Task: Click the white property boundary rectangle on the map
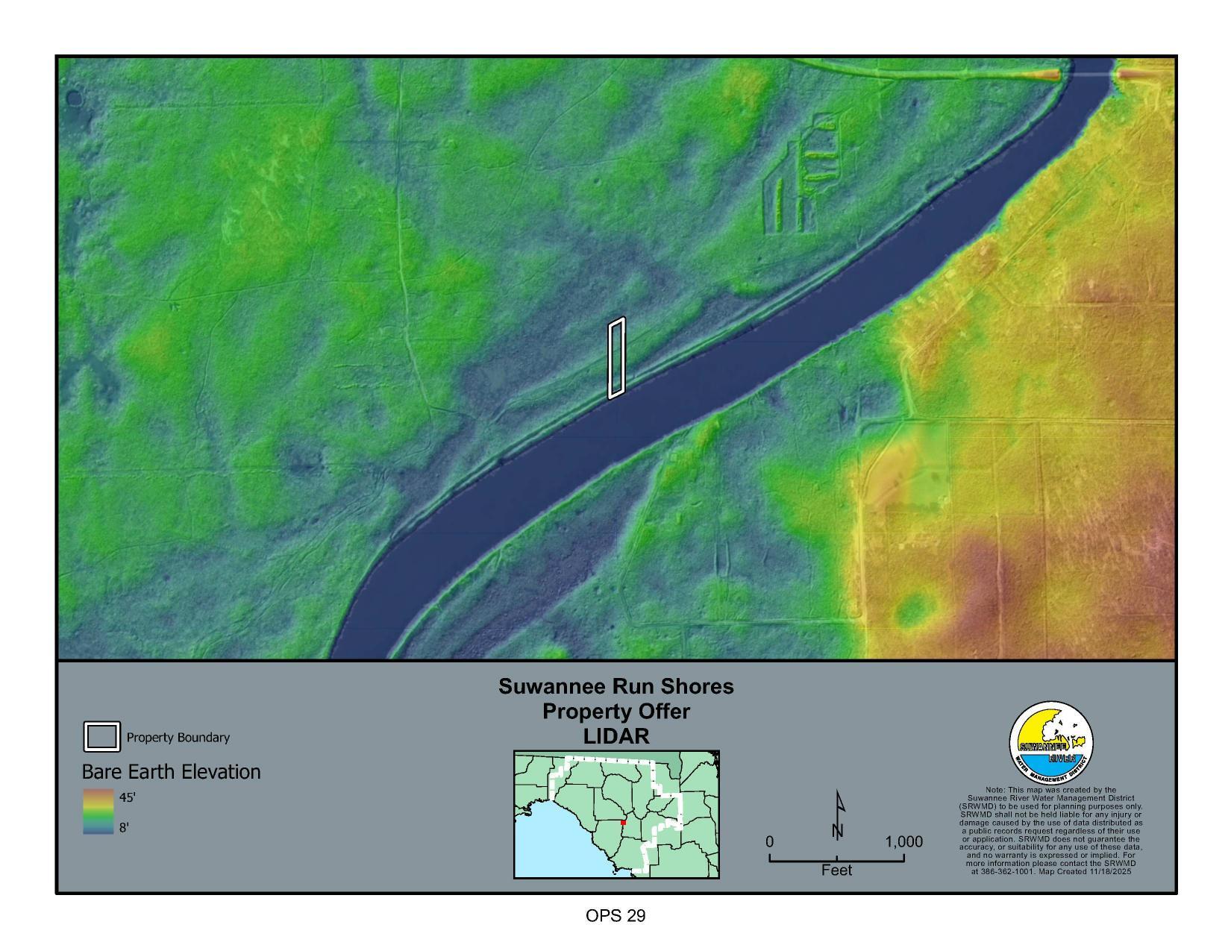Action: coord(616,358)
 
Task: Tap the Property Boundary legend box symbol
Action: coord(101,737)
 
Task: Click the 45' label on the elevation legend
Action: coord(127,797)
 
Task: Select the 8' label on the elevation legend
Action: coord(125,827)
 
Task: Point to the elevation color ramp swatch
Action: coord(98,812)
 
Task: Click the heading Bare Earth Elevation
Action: coord(171,772)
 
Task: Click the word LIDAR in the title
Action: coord(616,736)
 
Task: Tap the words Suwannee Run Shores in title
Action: coord(616,686)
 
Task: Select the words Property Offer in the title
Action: coord(616,712)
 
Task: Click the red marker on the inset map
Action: coord(623,823)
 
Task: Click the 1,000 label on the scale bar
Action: coord(903,842)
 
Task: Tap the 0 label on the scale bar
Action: coord(769,842)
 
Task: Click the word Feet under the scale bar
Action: coord(836,870)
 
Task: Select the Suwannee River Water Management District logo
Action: coord(1051,743)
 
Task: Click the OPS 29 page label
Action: coord(615,916)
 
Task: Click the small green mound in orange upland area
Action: coord(915,610)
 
